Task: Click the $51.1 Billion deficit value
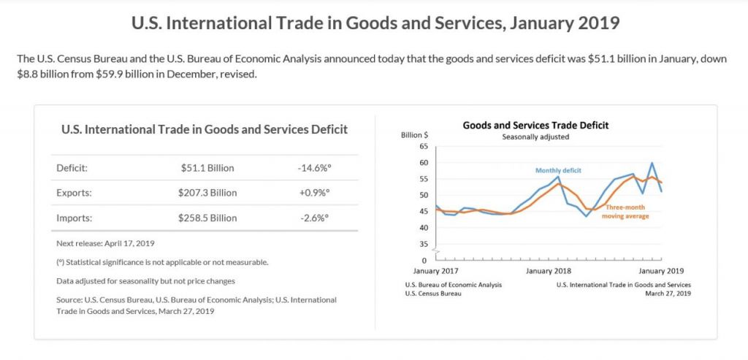pos(207,168)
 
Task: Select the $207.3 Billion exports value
pos(207,193)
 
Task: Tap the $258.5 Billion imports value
pos(207,218)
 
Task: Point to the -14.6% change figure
pos(314,168)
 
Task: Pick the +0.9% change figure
pos(314,193)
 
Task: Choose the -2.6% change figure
pos(314,218)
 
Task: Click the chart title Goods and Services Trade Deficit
pos(535,125)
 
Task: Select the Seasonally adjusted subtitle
pos(535,137)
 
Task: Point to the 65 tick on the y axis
pos(423,147)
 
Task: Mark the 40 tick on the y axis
pos(423,228)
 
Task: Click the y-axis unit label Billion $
pos(415,136)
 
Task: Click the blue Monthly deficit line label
pos(558,170)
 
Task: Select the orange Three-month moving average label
pos(626,212)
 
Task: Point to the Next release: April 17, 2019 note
pos(105,243)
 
